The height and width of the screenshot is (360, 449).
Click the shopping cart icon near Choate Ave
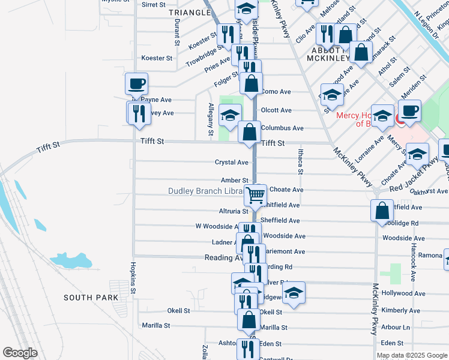256,194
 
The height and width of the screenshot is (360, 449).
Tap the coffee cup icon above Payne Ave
136,83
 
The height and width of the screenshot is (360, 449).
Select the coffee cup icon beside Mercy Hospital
410,110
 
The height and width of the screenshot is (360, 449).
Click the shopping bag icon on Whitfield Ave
382,211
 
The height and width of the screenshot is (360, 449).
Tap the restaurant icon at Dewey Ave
139,112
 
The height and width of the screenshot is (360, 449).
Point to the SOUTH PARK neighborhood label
91,298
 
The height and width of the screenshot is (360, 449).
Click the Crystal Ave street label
232,163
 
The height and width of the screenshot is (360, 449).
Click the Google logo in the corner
20,353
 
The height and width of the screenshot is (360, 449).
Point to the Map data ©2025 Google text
412,355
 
